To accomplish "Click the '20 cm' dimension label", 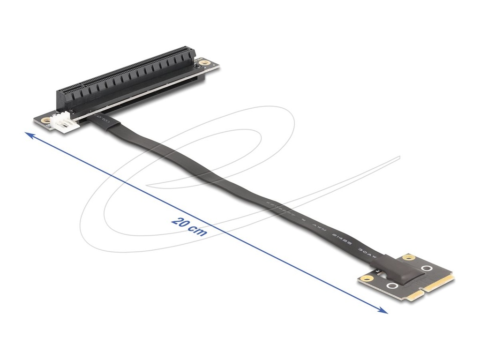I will [x=189, y=226].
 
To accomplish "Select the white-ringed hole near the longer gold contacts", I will [x=427, y=269].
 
